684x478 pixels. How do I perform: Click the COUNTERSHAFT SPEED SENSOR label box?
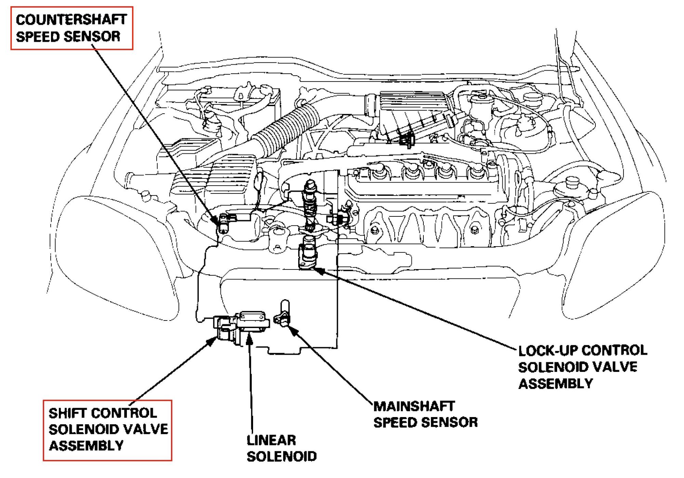[x=71, y=28]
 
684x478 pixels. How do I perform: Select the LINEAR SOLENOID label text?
[x=281, y=448]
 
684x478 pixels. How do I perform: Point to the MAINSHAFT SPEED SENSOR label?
[x=425, y=414]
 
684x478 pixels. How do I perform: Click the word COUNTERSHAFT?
[x=71, y=20]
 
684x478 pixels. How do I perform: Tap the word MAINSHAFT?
[x=414, y=406]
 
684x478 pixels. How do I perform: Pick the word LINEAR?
[x=271, y=440]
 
